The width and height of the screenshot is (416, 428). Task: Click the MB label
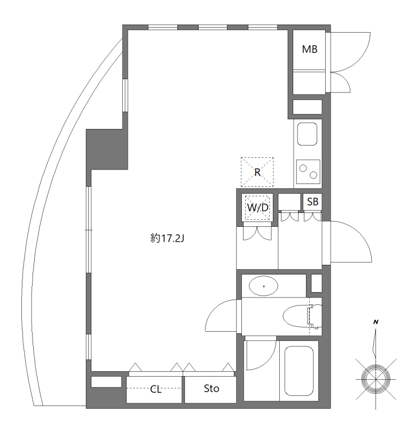310,50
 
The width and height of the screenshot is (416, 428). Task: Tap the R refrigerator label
257,172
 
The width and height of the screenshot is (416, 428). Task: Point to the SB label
313,202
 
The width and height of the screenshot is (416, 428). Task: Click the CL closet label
155,389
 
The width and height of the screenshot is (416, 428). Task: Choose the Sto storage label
211,389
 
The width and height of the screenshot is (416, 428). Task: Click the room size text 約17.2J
167,239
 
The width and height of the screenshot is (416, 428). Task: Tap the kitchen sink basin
307,134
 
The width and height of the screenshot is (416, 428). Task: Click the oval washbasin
264,286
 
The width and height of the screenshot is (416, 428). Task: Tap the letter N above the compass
376,322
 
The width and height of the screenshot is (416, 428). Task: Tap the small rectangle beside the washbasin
317,282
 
